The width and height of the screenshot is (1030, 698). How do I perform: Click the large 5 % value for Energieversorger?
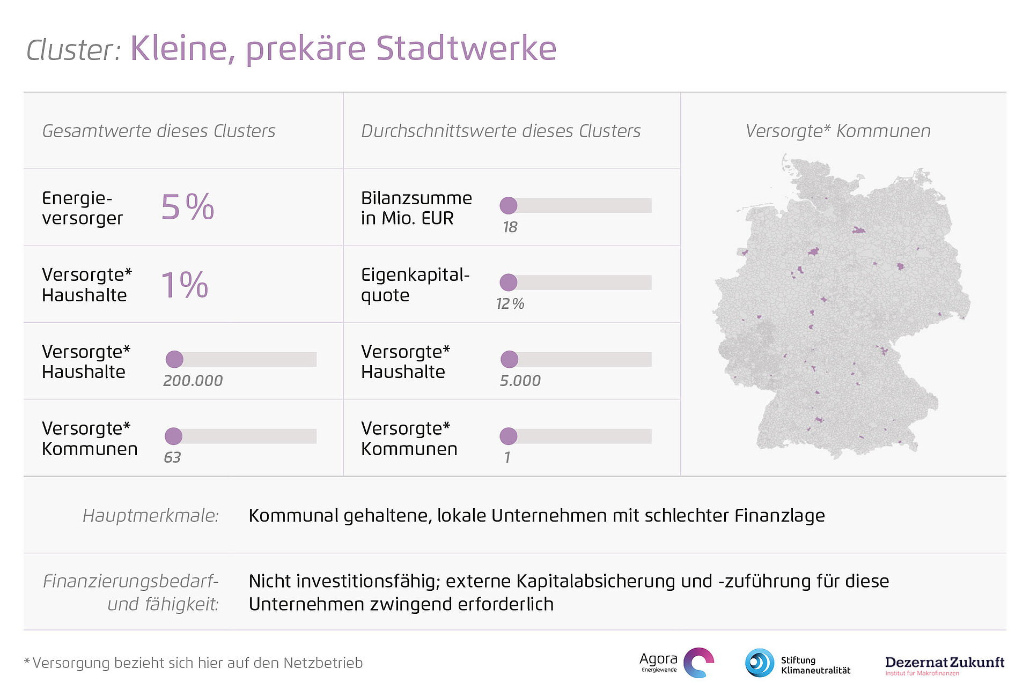(187, 207)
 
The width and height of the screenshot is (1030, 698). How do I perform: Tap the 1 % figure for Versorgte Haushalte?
(185, 285)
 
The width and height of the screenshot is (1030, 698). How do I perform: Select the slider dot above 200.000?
(174, 359)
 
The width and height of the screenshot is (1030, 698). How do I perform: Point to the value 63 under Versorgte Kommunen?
(172, 457)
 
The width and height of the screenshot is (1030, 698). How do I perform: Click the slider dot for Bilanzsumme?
(509, 205)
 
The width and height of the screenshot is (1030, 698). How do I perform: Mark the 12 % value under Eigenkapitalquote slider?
(510, 304)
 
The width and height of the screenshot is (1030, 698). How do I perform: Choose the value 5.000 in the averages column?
(520, 381)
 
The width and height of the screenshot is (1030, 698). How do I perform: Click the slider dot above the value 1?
(509, 436)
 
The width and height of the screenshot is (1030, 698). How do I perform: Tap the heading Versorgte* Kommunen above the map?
(837, 131)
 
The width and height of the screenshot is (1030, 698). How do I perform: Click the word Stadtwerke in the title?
(466, 48)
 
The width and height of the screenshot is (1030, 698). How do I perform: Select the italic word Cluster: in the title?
(73, 50)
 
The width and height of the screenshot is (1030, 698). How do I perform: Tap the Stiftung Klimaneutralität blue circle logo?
(759, 663)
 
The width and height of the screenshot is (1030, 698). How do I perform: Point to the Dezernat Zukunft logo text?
(944, 663)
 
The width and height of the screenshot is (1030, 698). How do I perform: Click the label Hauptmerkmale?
(151, 515)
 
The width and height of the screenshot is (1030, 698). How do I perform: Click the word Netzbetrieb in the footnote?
(323, 663)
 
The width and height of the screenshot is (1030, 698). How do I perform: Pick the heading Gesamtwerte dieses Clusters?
(158, 131)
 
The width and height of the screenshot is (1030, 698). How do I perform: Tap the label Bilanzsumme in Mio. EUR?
(416, 208)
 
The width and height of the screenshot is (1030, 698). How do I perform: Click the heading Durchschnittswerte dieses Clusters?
(501, 131)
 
